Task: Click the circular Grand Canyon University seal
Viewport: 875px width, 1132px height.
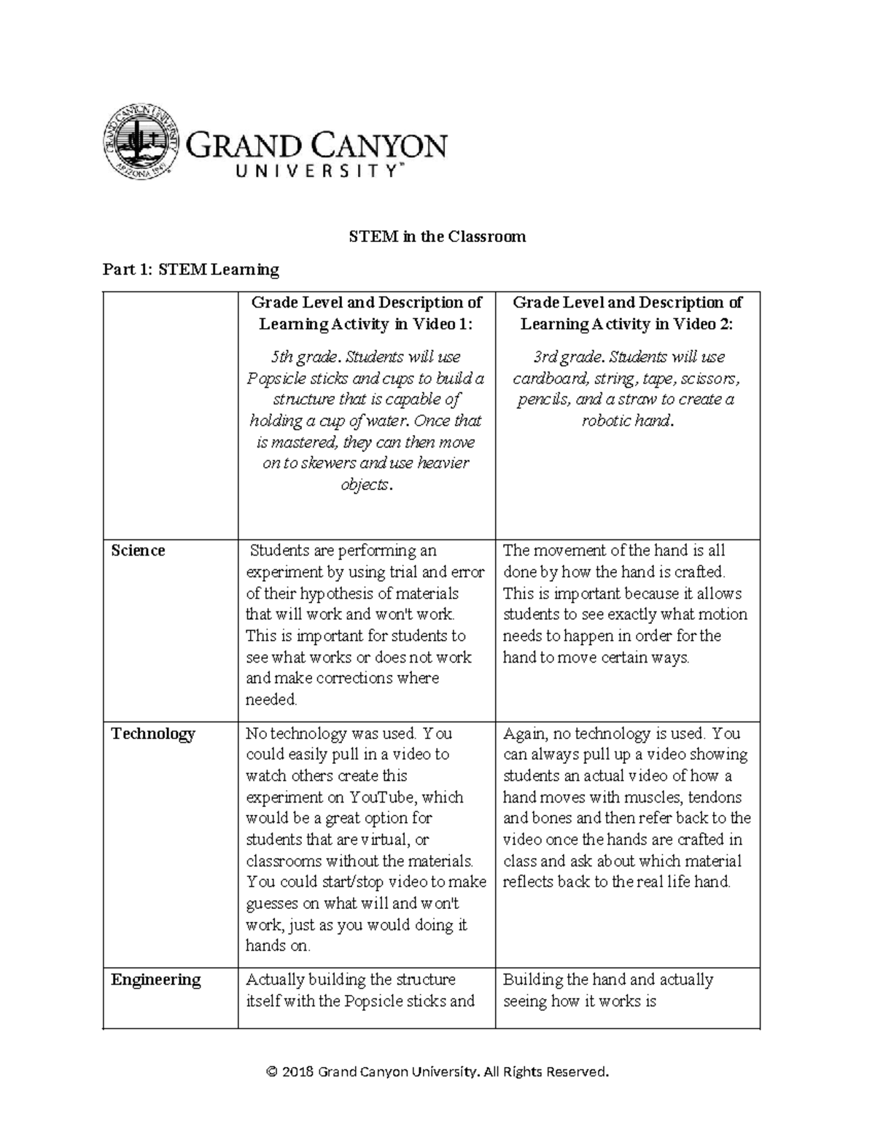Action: [140, 140]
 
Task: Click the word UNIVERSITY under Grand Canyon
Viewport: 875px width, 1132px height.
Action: [316, 171]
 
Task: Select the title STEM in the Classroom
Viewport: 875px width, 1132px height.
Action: [437, 236]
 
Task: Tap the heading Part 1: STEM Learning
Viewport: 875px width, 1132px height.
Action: [190, 270]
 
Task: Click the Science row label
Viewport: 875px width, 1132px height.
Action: [138, 550]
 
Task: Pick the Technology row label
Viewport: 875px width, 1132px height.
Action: [152, 733]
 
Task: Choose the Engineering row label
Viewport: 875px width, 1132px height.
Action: [155, 979]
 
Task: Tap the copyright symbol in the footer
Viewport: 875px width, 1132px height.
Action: [272, 1072]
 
